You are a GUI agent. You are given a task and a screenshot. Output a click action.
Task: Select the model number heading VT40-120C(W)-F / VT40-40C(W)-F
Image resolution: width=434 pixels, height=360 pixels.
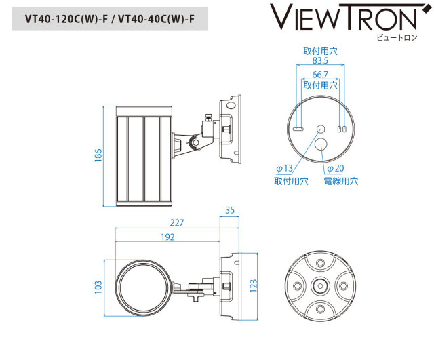[x=109, y=18]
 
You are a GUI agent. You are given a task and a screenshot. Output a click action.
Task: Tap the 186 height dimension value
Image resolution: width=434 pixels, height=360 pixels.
[x=98, y=156]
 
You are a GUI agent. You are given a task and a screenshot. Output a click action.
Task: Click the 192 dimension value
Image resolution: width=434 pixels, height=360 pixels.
[x=168, y=237]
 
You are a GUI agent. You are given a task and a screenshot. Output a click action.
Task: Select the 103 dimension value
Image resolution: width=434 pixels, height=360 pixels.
[x=98, y=287]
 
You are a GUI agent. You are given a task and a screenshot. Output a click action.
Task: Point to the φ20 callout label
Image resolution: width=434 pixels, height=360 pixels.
[x=335, y=168]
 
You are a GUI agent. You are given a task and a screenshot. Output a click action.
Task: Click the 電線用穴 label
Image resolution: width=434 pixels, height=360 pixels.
[x=340, y=181]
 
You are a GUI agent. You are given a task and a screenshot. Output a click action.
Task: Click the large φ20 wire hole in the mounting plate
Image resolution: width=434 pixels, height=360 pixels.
[x=321, y=144]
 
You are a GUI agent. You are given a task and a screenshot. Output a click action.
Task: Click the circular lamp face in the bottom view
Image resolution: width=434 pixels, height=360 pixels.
[x=143, y=287]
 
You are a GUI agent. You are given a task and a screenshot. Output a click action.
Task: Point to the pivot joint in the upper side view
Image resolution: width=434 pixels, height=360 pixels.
[x=195, y=143]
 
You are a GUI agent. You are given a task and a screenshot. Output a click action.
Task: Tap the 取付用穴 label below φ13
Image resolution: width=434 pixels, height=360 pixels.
[x=291, y=181]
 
